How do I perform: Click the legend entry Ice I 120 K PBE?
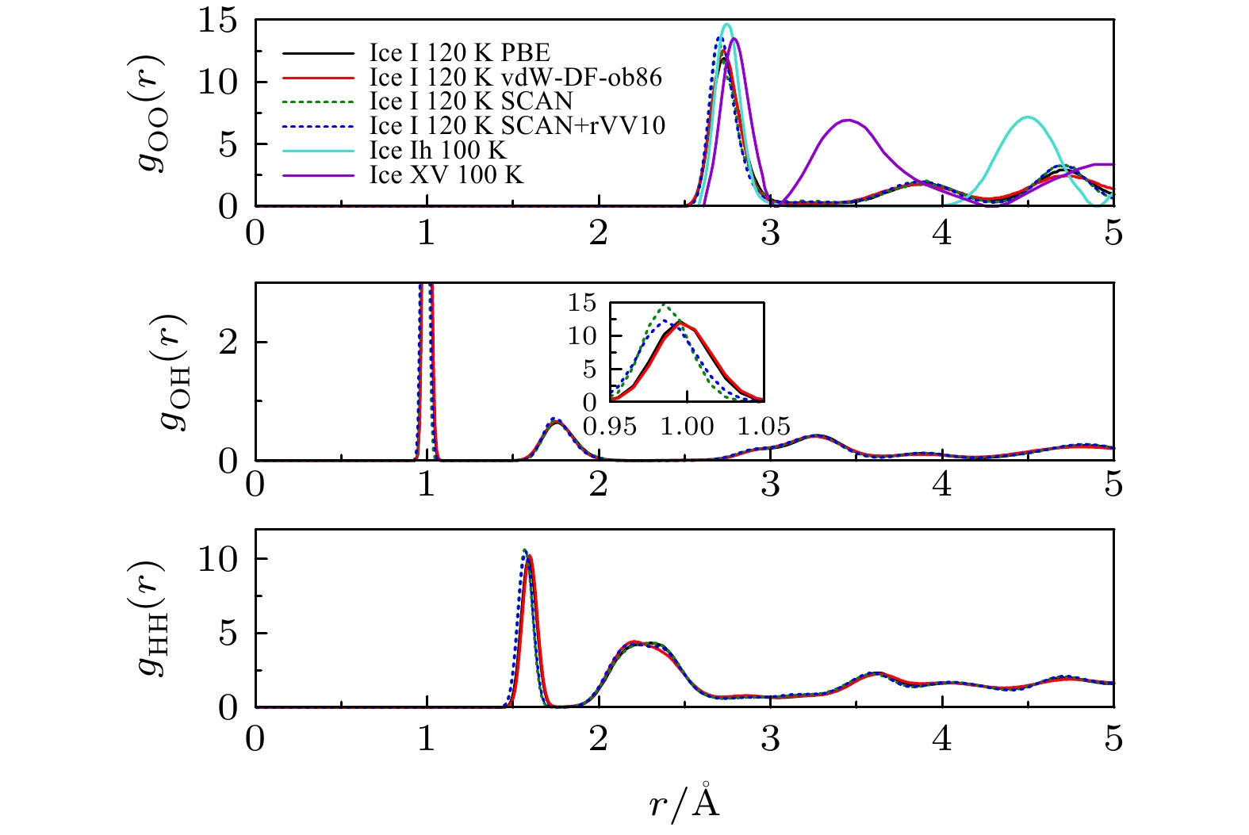(x=459, y=53)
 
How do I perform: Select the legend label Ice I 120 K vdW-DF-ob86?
(x=515, y=78)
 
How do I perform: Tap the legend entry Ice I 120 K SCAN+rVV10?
(x=517, y=126)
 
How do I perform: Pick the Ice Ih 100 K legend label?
(x=438, y=151)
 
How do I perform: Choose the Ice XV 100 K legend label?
(x=446, y=175)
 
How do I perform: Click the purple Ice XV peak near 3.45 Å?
(x=849, y=121)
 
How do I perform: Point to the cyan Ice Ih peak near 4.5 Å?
(x=1028, y=117)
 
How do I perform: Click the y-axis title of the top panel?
(x=149, y=113)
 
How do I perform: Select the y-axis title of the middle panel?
(x=174, y=371)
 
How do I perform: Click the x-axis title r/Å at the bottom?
(x=684, y=803)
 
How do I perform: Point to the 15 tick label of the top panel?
(x=216, y=21)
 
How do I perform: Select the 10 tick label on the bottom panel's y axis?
(x=216, y=560)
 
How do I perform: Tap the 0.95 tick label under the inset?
(x=610, y=427)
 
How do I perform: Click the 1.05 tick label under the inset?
(x=764, y=427)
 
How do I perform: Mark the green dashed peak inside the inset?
(x=665, y=305)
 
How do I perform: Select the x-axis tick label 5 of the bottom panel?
(x=1113, y=739)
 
